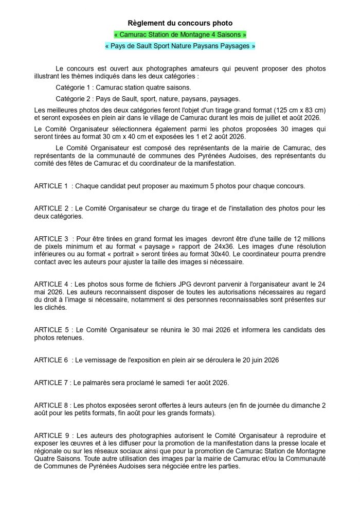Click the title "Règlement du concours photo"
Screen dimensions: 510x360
click(x=180, y=23)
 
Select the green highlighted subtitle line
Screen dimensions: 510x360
click(x=180, y=34)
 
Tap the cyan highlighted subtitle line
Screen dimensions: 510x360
click(x=180, y=46)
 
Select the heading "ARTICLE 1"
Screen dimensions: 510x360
click(x=51, y=185)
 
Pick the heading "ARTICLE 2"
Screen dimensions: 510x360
click(x=51, y=208)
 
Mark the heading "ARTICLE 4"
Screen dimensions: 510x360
click(x=51, y=285)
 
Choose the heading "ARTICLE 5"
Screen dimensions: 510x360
click(x=51, y=330)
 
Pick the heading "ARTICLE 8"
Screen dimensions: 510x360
click(x=51, y=406)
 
